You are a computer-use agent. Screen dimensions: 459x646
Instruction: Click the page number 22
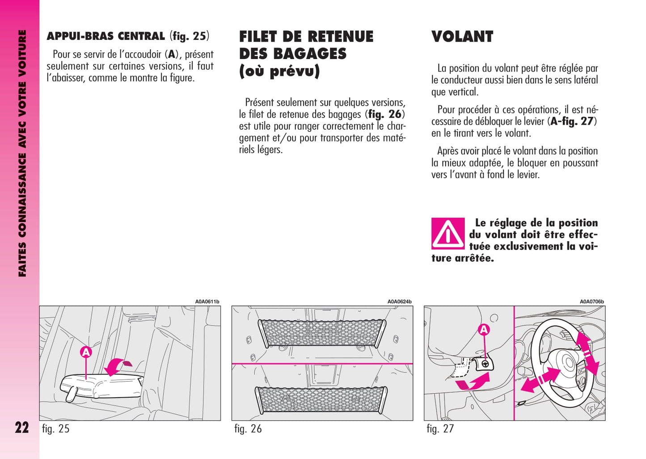(21, 428)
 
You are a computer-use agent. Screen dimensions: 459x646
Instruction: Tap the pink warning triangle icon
(448, 234)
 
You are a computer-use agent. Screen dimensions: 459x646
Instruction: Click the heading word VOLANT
(462, 37)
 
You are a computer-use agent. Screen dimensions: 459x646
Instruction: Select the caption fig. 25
(55, 429)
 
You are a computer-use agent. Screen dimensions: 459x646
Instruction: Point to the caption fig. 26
(248, 429)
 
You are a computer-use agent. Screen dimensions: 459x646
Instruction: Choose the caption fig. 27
(440, 429)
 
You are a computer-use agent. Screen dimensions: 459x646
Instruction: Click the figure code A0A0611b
(207, 302)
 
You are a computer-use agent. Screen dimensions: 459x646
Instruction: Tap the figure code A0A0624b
(399, 302)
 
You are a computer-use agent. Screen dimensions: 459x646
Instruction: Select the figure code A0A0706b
(591, 302)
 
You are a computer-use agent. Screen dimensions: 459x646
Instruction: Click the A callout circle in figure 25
(86, 353)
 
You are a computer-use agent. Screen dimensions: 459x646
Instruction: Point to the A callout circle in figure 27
(484, 330)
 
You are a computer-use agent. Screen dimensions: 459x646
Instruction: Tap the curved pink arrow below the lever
(474, 382)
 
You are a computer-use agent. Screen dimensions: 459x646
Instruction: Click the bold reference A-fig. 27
(572, 121)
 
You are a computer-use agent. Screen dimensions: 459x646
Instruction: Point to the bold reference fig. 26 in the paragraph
(385, 115)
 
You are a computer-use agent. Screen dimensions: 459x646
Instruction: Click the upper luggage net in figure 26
(322, 332)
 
